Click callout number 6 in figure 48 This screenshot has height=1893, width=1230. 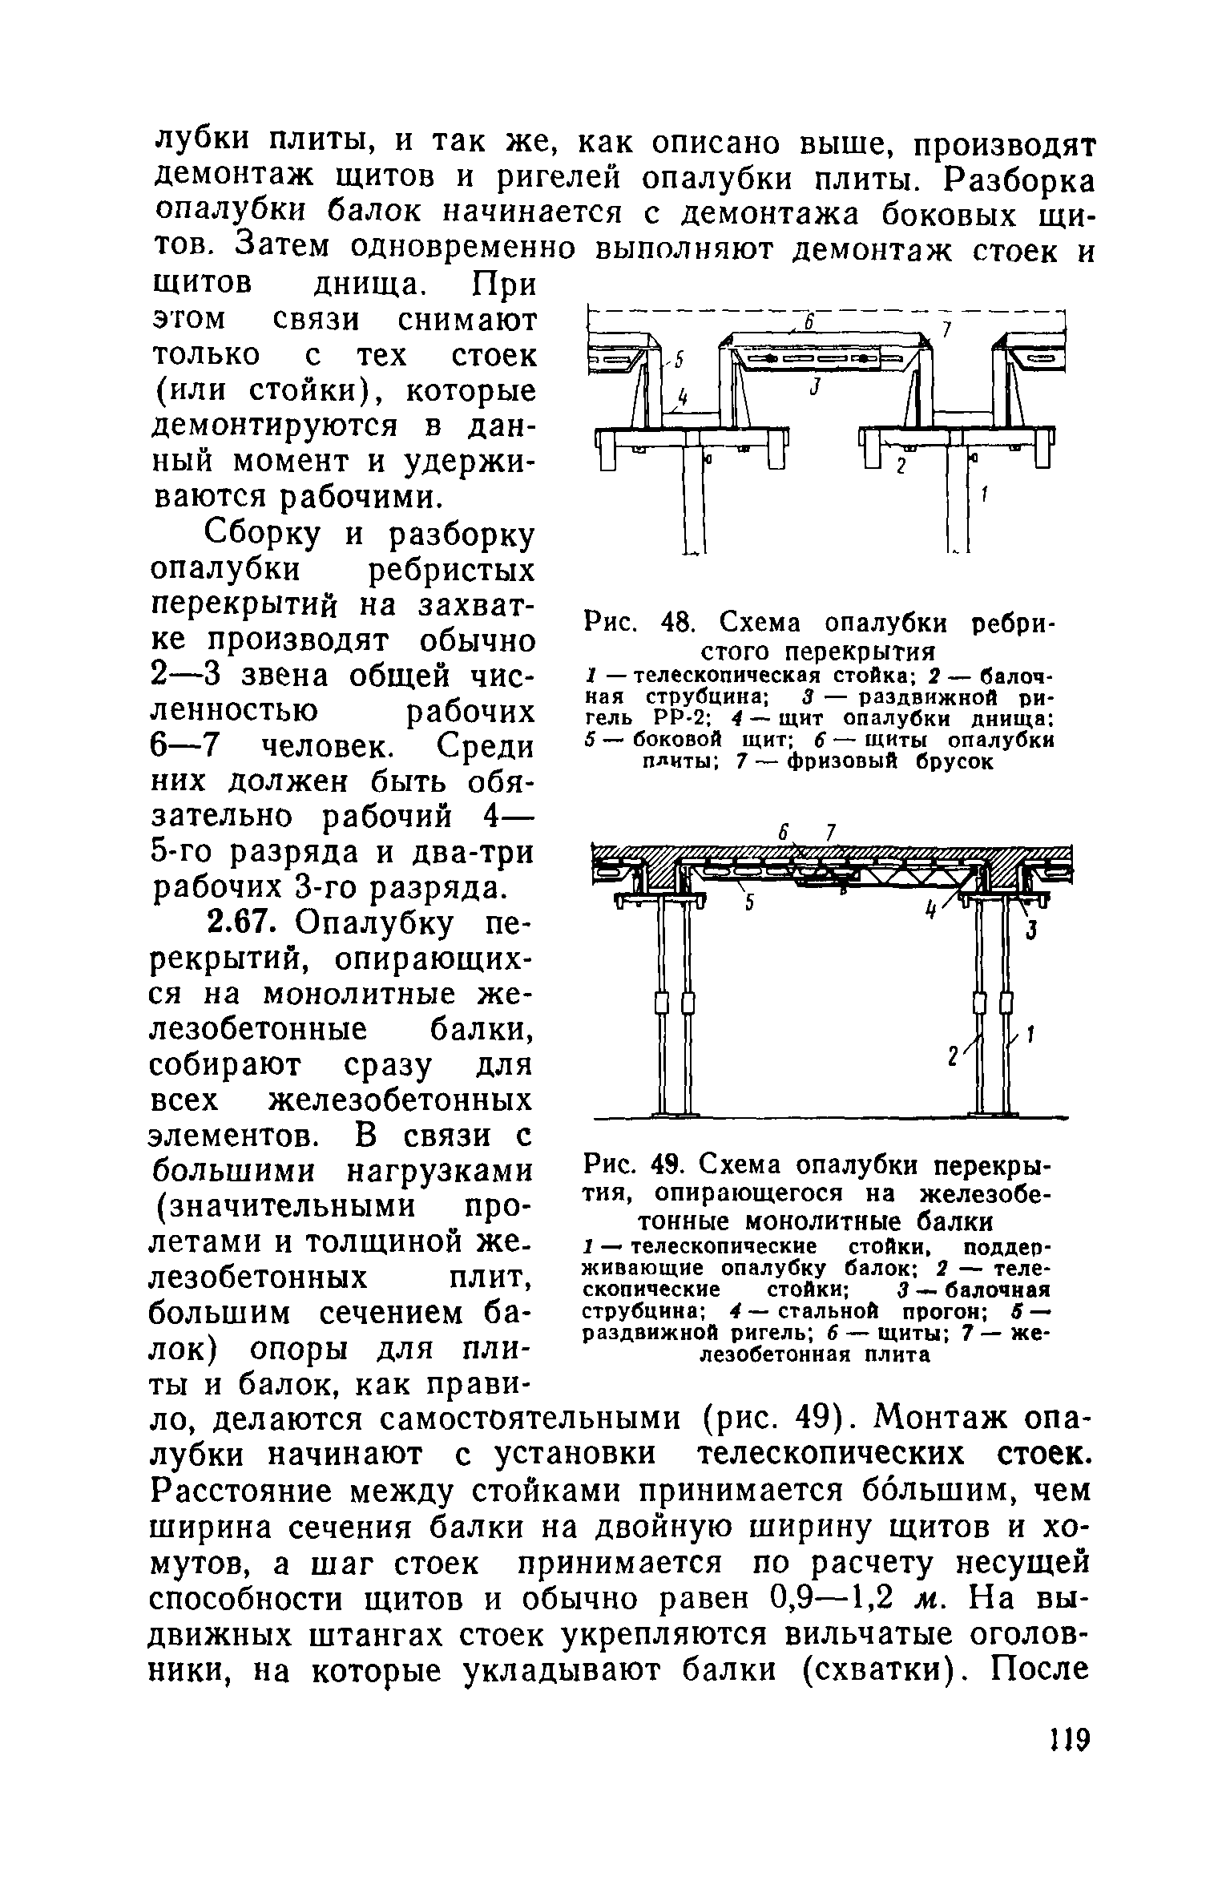click(x=809, y=321)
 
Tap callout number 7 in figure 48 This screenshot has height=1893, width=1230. click(x=946, y=329)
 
